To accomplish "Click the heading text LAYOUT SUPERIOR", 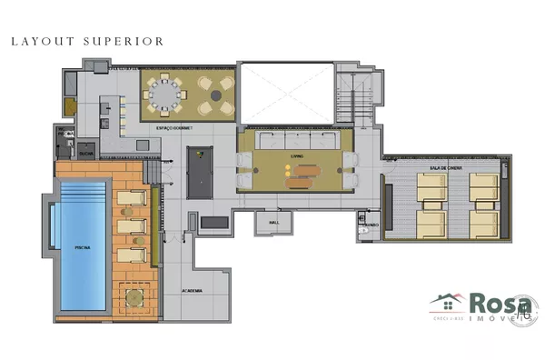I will click(x=87, y=41).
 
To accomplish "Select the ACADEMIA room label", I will click(x=193, y=291).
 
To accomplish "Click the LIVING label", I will click(x=296, y=155).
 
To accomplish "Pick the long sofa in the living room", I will click(x=295, y=142).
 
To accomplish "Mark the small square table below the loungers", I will click(x=132, y=295).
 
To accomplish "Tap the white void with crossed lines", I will click(x=287, y=92).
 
